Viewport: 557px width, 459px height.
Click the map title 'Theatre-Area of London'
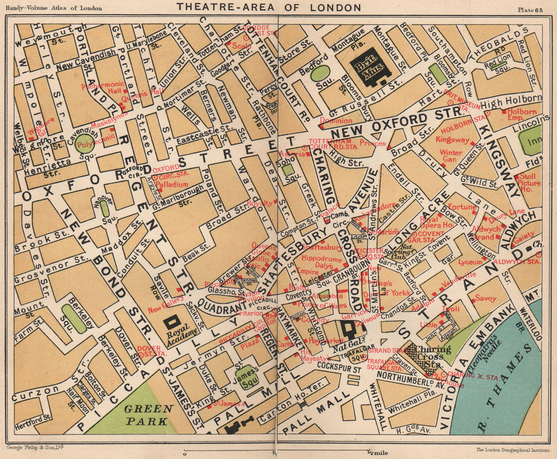(x=268, y=7)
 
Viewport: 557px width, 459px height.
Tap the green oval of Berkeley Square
(x=74, y=319)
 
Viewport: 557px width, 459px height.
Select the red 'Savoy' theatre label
(x=485, y=299)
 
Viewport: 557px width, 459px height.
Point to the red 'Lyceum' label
(x=470, y=261)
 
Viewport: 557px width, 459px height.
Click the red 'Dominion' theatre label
(x=336, y=120)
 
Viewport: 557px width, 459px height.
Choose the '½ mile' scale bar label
(x=376, y=451)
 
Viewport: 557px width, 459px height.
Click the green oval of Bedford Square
(x=320, y=73)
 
